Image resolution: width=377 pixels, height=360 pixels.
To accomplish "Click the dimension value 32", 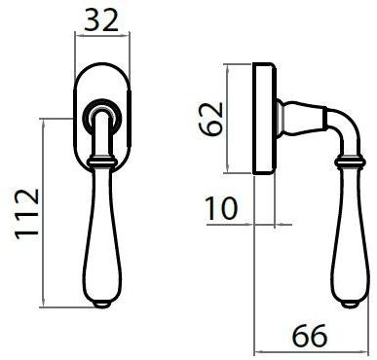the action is [101, 20].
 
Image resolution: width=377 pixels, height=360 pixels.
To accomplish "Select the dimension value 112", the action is [27, 214].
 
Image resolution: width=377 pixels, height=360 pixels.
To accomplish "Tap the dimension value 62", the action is [211, 119].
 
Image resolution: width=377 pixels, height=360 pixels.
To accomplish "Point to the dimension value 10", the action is [221, 208].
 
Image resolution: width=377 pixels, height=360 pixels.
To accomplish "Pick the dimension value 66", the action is [310, 336].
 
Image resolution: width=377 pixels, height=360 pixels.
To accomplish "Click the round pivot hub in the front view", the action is [101, 116].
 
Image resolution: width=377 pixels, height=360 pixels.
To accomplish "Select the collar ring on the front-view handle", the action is [102, 162].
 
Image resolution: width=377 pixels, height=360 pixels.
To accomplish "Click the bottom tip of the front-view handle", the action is [102, 305].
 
